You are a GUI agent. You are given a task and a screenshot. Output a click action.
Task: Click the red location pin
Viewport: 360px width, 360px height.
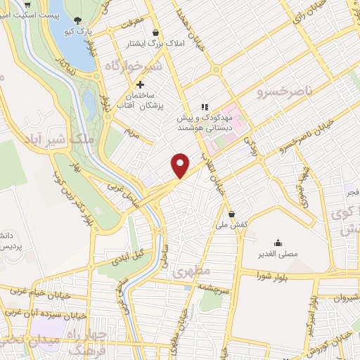(181, 165)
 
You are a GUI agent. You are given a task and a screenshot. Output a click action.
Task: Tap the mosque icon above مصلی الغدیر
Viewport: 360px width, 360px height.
(280, 241)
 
